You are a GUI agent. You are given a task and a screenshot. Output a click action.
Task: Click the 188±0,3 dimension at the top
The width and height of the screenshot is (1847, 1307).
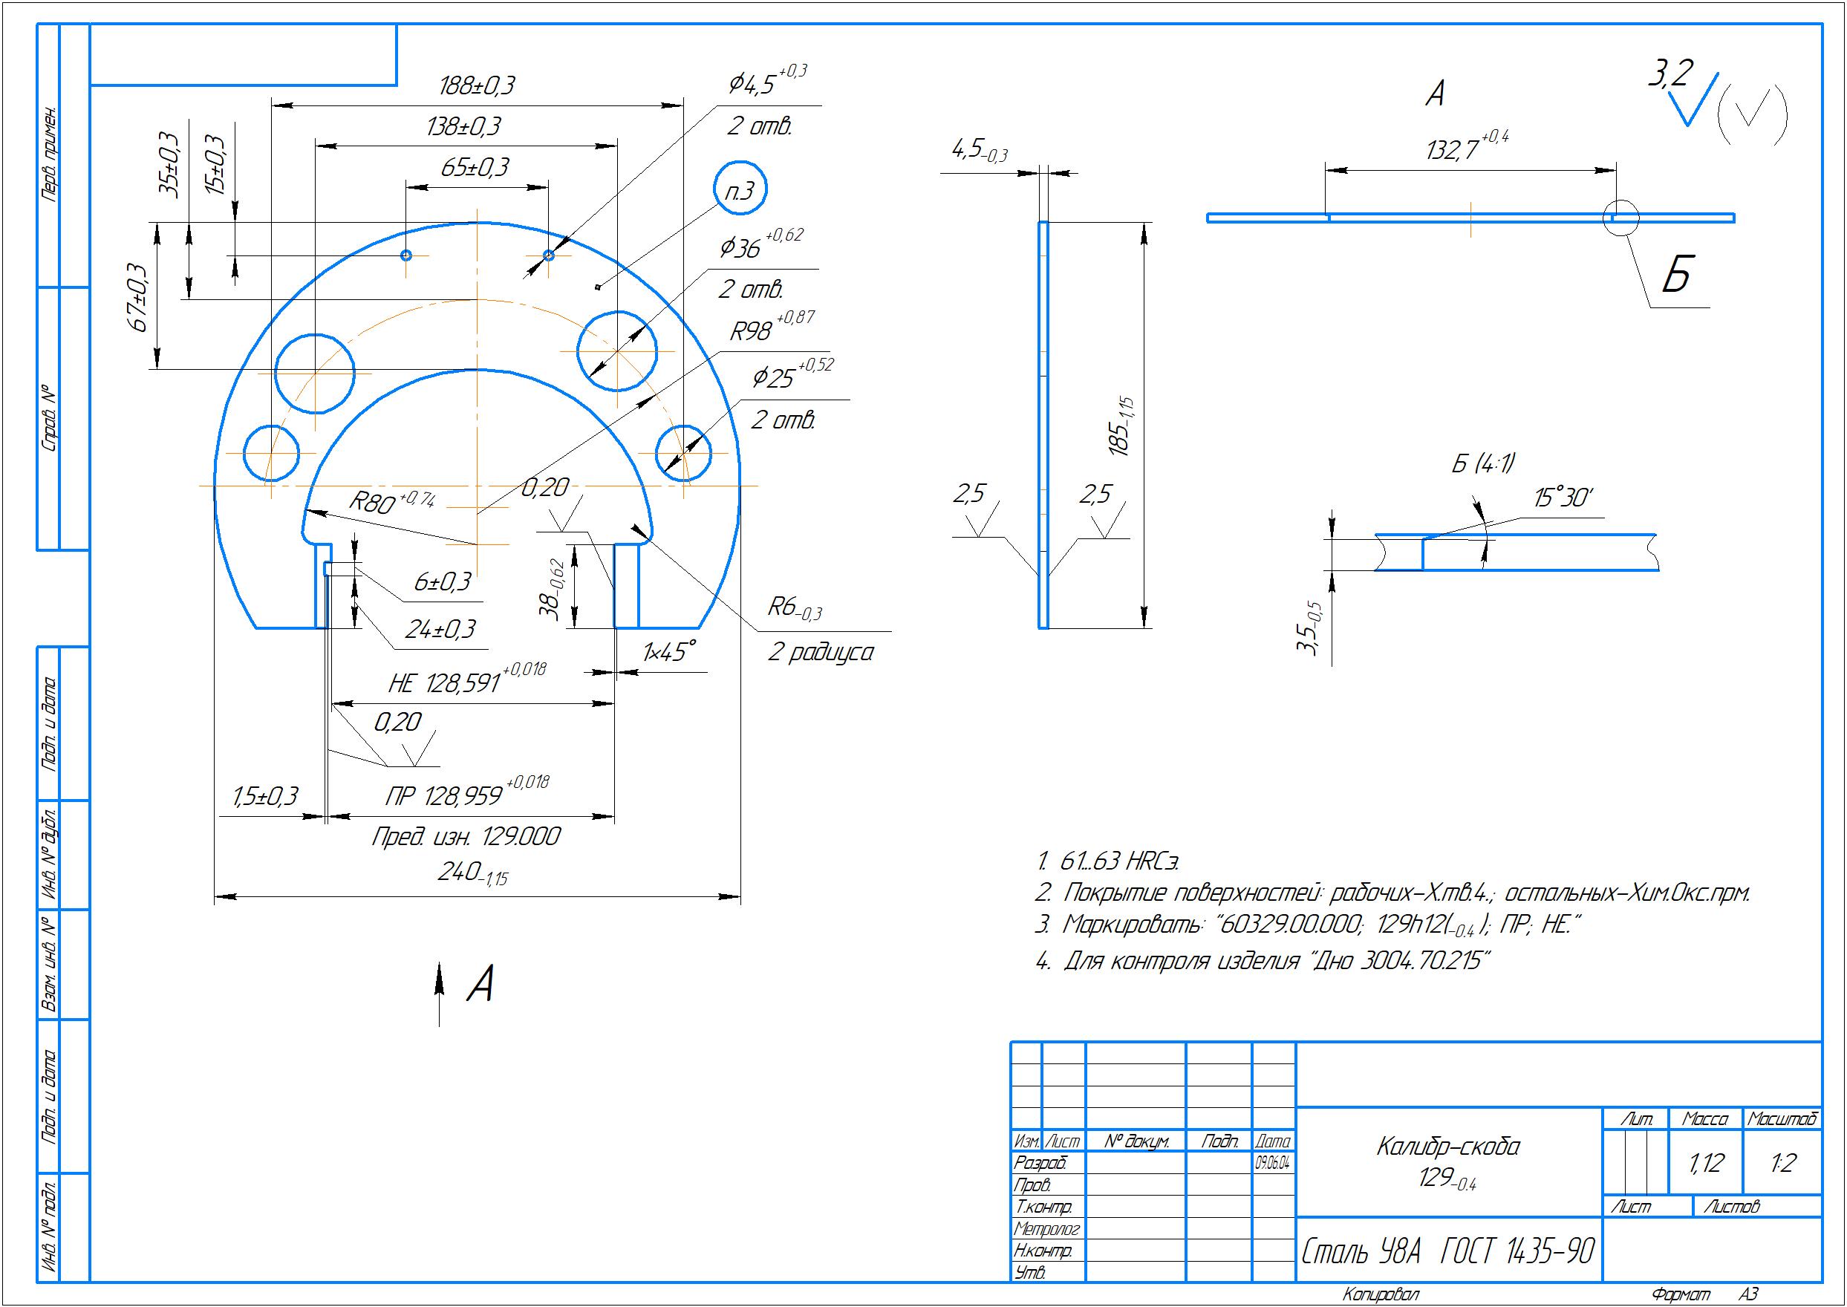pos(478,85)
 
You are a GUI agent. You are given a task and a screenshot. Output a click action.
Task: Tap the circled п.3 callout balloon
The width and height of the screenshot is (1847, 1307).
pos(740,189)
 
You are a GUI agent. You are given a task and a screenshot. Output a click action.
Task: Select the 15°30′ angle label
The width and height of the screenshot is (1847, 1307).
pos(1562,498)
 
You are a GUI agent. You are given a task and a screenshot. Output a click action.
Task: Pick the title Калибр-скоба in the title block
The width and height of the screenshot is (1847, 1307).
pos(1448,1146)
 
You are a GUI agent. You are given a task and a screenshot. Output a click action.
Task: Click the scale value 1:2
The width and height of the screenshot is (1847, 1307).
pos(1782,1164)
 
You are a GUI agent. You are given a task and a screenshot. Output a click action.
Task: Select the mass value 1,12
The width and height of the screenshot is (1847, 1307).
pos(1705,1164)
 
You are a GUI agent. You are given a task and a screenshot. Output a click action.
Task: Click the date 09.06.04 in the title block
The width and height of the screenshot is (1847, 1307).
pos(1273,1163)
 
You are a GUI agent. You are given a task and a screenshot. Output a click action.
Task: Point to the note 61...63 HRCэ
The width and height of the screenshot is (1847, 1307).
pos(1110,861)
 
